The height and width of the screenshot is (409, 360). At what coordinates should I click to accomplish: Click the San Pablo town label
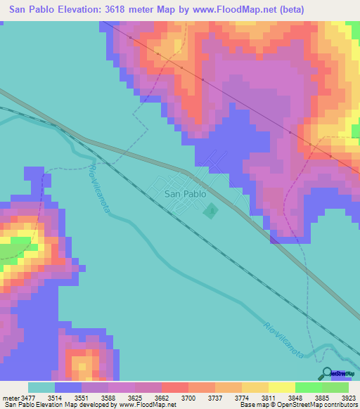coord(184,193)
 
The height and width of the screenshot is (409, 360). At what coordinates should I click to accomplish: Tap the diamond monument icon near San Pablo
coord(210,209)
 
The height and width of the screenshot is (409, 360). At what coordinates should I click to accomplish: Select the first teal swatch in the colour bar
coord(41,387)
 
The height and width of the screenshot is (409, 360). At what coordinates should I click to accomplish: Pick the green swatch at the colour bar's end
coord(335,387)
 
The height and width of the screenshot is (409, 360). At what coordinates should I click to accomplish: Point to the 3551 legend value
coord(82,398)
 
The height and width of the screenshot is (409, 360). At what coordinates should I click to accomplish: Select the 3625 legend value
coord(135,398)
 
